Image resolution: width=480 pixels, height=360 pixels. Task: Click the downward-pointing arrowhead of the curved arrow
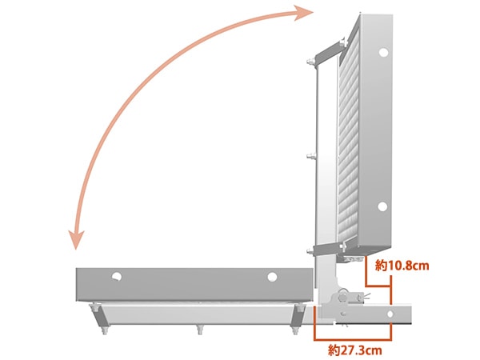coord(76,240)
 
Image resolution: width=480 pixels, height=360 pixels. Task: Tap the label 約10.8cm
coord(402,266)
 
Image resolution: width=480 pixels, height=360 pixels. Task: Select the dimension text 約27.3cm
coord(355,350)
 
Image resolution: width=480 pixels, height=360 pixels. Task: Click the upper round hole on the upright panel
coord(383,52)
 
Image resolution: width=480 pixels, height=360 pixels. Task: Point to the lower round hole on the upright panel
coord(382,206)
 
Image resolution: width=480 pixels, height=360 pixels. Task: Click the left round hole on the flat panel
coord(116,277)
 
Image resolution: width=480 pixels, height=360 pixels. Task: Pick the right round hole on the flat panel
coord(272,277)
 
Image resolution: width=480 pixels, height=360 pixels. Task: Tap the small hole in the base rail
coord(390,314)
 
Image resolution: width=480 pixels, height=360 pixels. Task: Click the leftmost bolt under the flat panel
coord(104,330)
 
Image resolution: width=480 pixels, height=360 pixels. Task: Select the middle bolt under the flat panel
coord(199,330)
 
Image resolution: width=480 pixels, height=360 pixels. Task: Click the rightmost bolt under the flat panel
coord(294,330)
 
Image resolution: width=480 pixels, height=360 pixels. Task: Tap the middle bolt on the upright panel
coord(310,157)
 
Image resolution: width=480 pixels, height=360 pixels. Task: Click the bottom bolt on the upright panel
coord(310,252)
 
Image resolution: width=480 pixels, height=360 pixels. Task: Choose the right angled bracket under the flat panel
coord(297,315)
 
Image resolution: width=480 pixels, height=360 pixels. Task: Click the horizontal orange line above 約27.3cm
coord(353,339)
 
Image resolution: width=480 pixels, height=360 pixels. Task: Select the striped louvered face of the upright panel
coord(348,141)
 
